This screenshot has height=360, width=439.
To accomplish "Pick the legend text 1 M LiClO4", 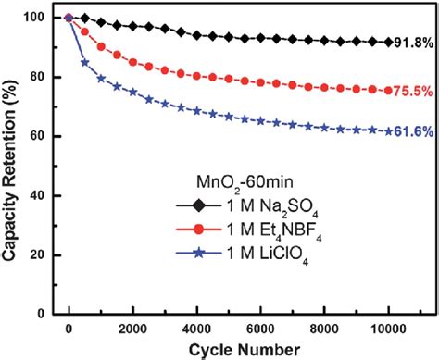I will click(231, 279).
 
